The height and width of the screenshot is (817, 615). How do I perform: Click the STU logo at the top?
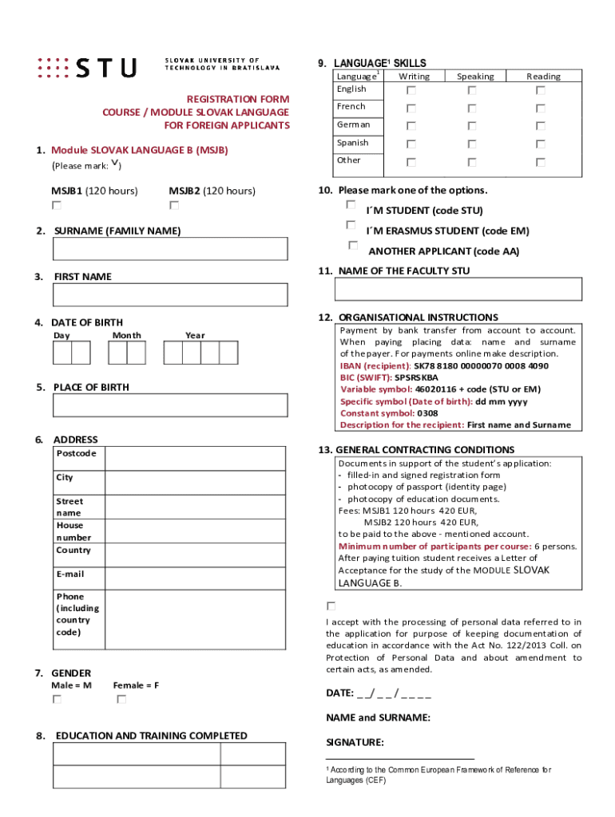point(87,67)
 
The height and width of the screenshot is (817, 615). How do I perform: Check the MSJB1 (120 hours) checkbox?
point(56,206)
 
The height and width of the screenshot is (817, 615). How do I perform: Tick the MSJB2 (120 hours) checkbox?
point(173,206)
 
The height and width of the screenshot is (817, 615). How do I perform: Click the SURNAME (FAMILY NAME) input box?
point(170,249)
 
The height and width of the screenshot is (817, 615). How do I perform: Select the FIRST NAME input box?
point(170,295)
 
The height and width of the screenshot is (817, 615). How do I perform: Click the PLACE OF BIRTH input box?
point(170,405)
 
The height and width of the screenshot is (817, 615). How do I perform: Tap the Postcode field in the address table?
point(195,458)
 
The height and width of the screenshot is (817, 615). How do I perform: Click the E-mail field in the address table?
point(195,578)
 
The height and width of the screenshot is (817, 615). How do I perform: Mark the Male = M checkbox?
point(57,700)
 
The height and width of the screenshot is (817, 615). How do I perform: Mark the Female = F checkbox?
point(121,700)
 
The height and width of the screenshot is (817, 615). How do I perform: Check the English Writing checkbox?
point(411,91)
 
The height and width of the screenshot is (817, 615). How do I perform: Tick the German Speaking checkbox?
point(472,126)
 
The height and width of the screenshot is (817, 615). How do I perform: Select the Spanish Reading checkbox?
point(541,144)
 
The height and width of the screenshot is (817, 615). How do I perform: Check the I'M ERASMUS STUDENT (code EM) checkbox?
point(351,226)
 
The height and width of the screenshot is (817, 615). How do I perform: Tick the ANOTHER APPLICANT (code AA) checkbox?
point(353,245)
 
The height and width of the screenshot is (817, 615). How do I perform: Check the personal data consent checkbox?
point(331,606)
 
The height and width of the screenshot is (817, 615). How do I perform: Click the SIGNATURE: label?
point(355,742)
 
